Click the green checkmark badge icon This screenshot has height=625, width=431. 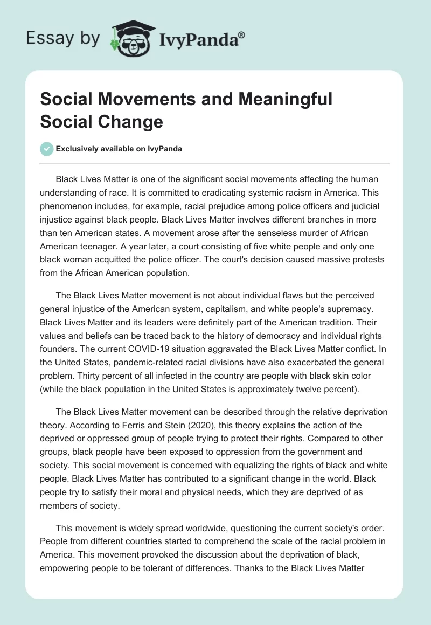pyautogui.click(x=47, y=149)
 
